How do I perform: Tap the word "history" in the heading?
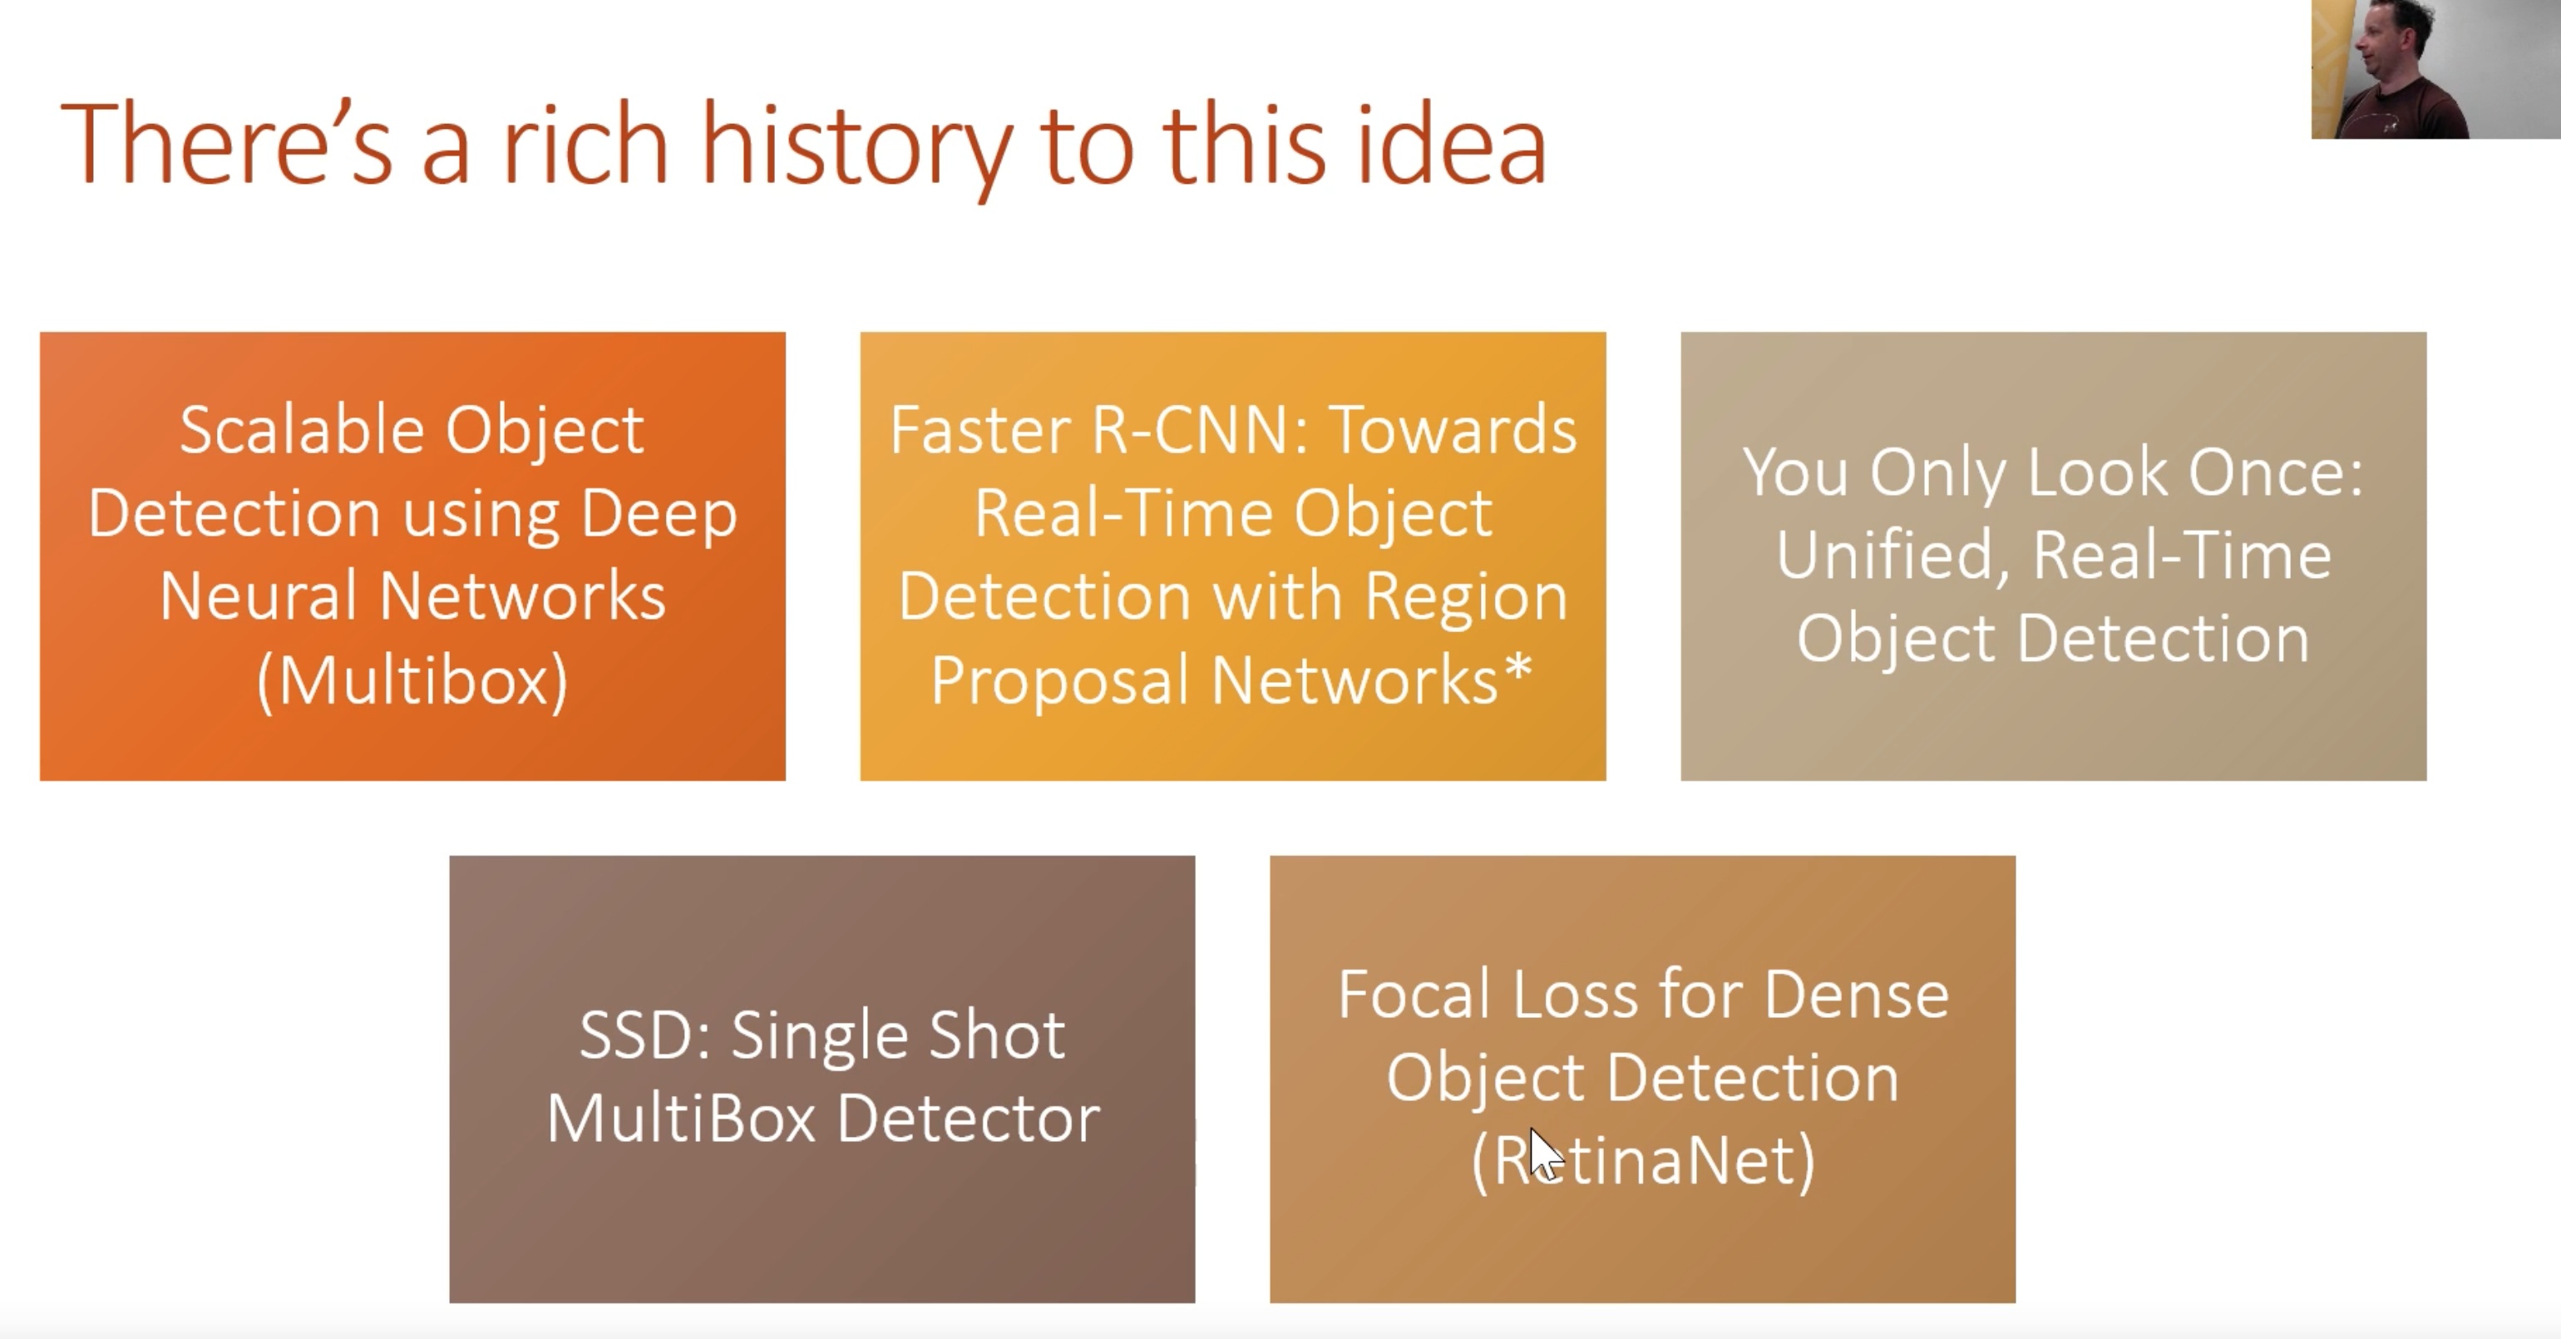click(855, 149)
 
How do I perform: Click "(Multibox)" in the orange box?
click(412, 682)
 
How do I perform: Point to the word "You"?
click(1795, 472)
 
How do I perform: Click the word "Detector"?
click(969, 1119)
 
